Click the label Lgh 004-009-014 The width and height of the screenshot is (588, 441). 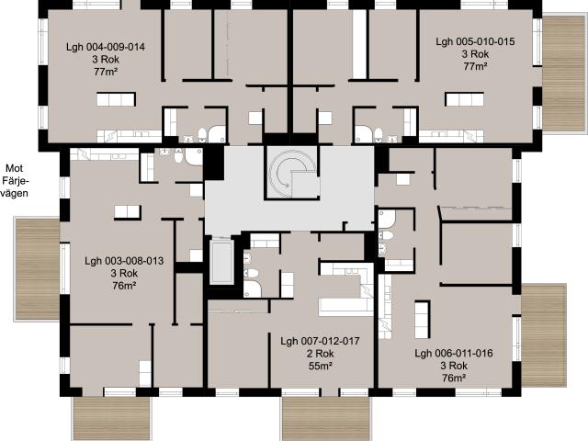(x=106, y=47)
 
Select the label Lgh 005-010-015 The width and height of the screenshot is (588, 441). (x=475, y=41)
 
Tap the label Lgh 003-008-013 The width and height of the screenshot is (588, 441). (x=124, y=261)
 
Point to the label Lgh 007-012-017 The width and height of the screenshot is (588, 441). (x=320, y=341)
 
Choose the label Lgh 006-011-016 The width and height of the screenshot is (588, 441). (x=454, y=353)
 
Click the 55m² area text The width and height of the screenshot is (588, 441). (x=320, y=366)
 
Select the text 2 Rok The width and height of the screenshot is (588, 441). (x=320, y=354)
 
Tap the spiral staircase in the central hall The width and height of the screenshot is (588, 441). (x=291, y=172)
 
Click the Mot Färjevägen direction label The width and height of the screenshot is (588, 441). (x=15, y=181)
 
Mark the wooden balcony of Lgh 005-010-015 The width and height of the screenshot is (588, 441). (x=564, y=73)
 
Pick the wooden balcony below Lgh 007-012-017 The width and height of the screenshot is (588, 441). (x=326, y=418)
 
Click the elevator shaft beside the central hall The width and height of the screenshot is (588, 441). (x=221, y=262)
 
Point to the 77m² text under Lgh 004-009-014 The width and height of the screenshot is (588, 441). (x=106, y=72)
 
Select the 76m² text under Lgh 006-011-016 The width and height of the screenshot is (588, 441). (x=454, y=378)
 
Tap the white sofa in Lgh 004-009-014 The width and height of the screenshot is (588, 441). (x=116, y=99)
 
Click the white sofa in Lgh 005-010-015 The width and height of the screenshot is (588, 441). (x=465, y=99)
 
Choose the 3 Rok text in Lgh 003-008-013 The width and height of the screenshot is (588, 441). (x=124, y=273)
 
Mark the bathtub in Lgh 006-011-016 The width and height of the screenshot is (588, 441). (x=387, y=219)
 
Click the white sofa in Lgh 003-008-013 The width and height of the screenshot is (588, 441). (x=128, y=212)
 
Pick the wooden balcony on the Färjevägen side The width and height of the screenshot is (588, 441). (x=37, y=269)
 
